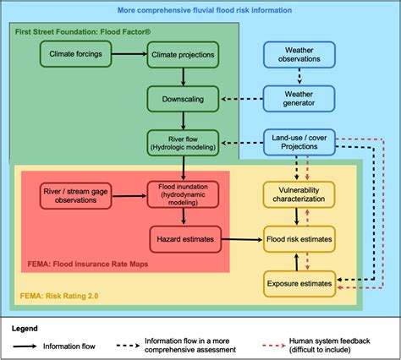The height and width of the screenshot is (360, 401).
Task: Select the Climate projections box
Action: pos(182,55)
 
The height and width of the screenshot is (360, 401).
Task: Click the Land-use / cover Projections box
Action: pos(305,142)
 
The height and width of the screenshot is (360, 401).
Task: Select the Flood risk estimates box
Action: pos(299,240)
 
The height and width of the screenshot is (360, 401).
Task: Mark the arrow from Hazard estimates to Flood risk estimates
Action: pos(241,240)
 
